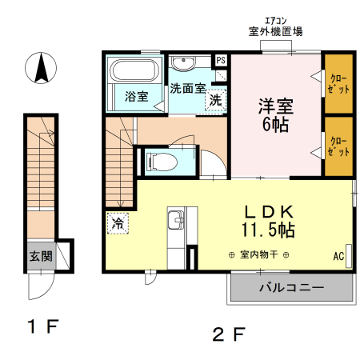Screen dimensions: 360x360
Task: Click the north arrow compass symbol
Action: pos(39,68)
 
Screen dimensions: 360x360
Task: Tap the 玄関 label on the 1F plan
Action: pos(41,257)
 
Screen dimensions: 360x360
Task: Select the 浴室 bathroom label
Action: pos(136,97)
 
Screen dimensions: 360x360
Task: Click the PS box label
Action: pos(221,60)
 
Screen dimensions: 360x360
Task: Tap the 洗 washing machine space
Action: pos(214,101)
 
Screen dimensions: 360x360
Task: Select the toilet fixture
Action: pos(164,161)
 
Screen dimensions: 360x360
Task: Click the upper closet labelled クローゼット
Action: pos(338,82)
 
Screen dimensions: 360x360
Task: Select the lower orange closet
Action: pos(338,146)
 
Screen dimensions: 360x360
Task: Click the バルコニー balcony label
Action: pos(291,287)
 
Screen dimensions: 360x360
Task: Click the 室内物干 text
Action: pos(256,255)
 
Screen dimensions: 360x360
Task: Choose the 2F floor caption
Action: pos(228,332)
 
